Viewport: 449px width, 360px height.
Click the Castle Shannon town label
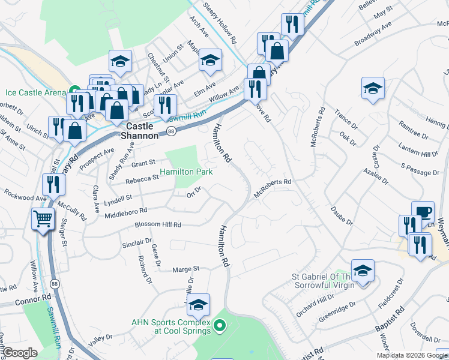pyautogui.click(x=142, y=130)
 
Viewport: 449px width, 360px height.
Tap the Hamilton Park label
pyautogui.click(x=187, y=172)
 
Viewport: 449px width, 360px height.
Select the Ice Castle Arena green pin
pyautogui.click(x=76, y=92)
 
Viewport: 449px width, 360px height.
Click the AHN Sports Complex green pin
pyautogui.click(x=220, y=326)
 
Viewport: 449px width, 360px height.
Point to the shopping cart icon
pyautogui.click(x=43, y=219)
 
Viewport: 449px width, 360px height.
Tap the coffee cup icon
pyautogui.click(x=423, y=212)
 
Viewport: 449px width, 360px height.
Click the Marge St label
pyautogui.click(x=187, y=269)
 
